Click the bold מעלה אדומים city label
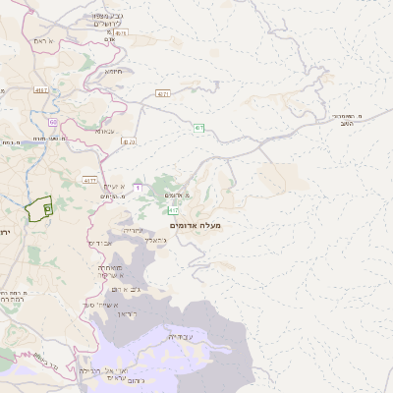pos(196,226)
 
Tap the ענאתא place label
pos(106,130)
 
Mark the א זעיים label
pos(113,186)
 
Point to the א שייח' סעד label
pos(102,305)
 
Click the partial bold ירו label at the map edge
pos(5,231)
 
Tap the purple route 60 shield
pos(52,122)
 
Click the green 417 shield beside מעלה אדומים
pos(174,210)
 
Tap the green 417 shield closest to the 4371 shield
pos(198,128)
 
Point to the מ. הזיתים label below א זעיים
pos(112,197)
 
